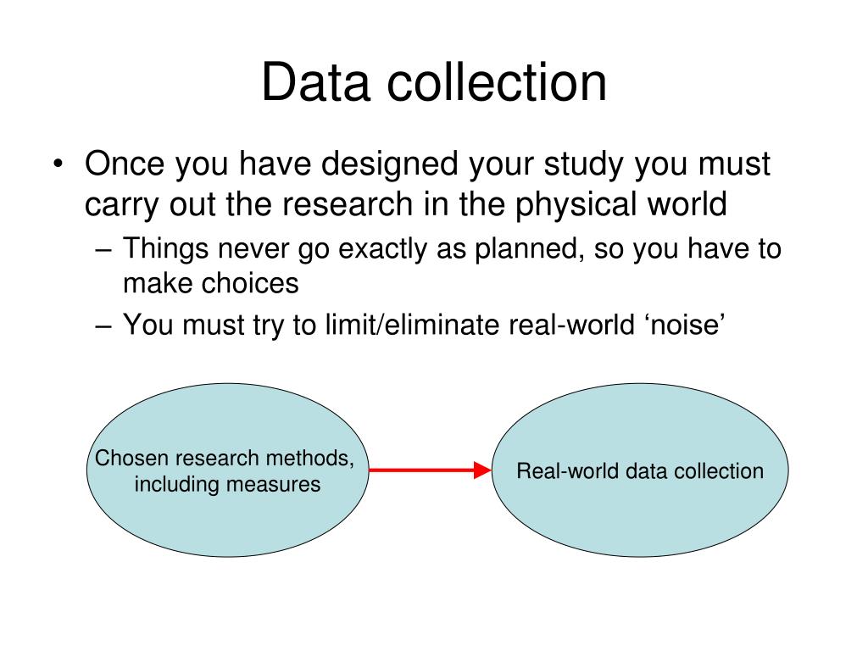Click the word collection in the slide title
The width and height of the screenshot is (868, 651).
click(x=498, y=83)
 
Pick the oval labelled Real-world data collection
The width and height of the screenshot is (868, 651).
click(x=640, y=517)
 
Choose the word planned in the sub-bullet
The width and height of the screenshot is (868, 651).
click(x=541, y=249)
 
